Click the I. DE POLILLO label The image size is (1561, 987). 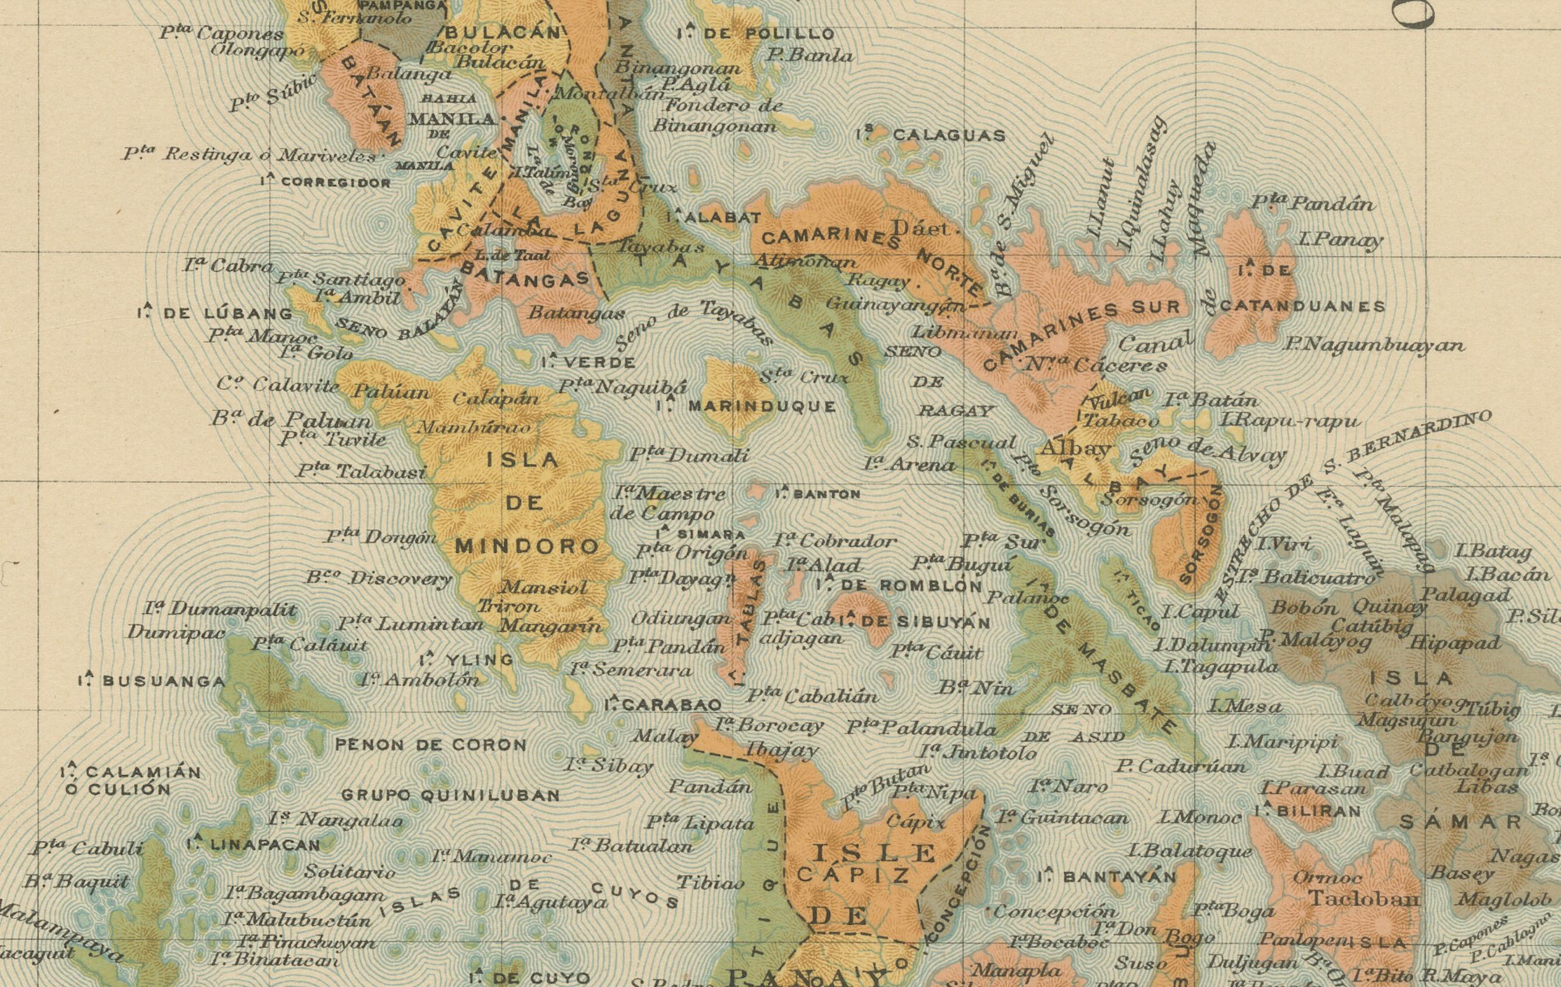point(756,34)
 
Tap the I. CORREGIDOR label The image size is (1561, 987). point(326,182)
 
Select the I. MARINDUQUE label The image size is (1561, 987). point(746,407)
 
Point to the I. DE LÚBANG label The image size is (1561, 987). point(215,314)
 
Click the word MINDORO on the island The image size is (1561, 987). point(526,546)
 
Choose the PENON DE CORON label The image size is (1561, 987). point(431,745)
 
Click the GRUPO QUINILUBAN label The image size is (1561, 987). point(451,795)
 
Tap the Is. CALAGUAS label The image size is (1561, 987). point(931,135)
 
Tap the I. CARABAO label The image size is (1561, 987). point(663,705)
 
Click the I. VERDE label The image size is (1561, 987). point(589,362)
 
